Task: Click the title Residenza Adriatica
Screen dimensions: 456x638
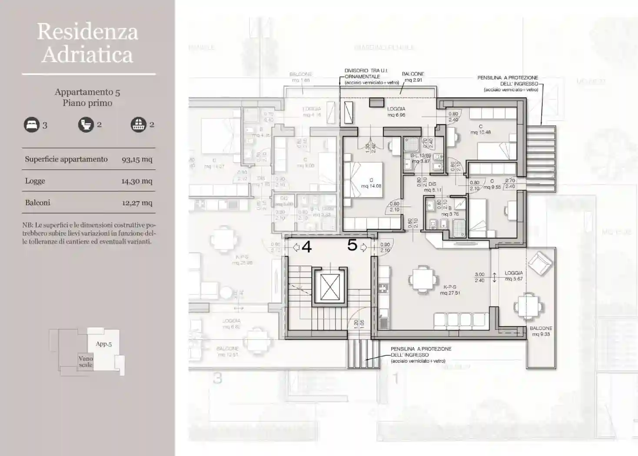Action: (x=87, y=43)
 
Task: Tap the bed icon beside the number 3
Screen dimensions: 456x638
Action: (x=31, y=125)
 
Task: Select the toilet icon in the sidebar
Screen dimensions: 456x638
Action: (x=86, y=125)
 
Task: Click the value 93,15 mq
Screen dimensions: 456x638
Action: (x=137, y=159)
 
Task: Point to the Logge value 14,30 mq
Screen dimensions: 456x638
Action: (x=136, y=181)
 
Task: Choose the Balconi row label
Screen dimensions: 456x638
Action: (x=37, y=203)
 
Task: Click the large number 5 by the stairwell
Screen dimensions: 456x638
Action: (x=352, y=245)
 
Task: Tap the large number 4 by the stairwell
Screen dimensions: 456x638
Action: (x=306, y=247)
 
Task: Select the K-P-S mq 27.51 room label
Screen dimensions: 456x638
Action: (x=449, y=290)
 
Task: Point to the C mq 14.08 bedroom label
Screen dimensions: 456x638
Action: (x=371, y=183)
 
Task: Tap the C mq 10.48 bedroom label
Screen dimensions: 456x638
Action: (x=480, y=129)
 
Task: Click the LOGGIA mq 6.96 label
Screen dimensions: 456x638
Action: (x=396, y=112)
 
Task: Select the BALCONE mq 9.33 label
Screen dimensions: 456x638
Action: (x=541, y=331)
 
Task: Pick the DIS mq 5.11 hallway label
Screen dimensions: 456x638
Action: (x=432, y=187)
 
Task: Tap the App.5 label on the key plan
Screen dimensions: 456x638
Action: (x=103, y=344)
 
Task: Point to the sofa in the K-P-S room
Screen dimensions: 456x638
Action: (x=460, y=320)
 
